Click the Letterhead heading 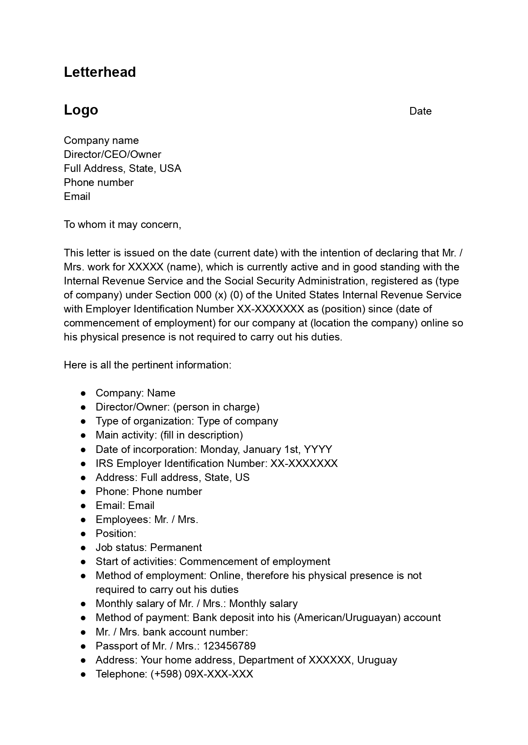pyautogui.click(x=100, y=72)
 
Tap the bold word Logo pyautogui.click(x=81, y=110)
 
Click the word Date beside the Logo pyautogui.click(x=420, y=111)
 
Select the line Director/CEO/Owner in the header pyautogui.click(x=112, y=155)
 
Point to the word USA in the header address pyautogui.click(x=170, y=169)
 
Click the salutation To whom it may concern pyautogui.click(x=122, y=225)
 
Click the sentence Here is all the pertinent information pyautogui.click(x=147, y=365)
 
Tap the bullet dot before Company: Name pyautogui.click(x=84, y=394)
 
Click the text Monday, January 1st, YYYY pyautogui.click(x=266, y=450)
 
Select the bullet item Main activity pyautogui.click(x=169, y=435)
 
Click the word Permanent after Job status pyautogui.click(x=176, y=548)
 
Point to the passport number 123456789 pyautogui.click(x=229, y=646)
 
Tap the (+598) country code pyautogui.click(x=166, y=674)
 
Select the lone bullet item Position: pyautogui.click(x=116, y=534)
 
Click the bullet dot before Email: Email pyautogui.click(x=84, y=506)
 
